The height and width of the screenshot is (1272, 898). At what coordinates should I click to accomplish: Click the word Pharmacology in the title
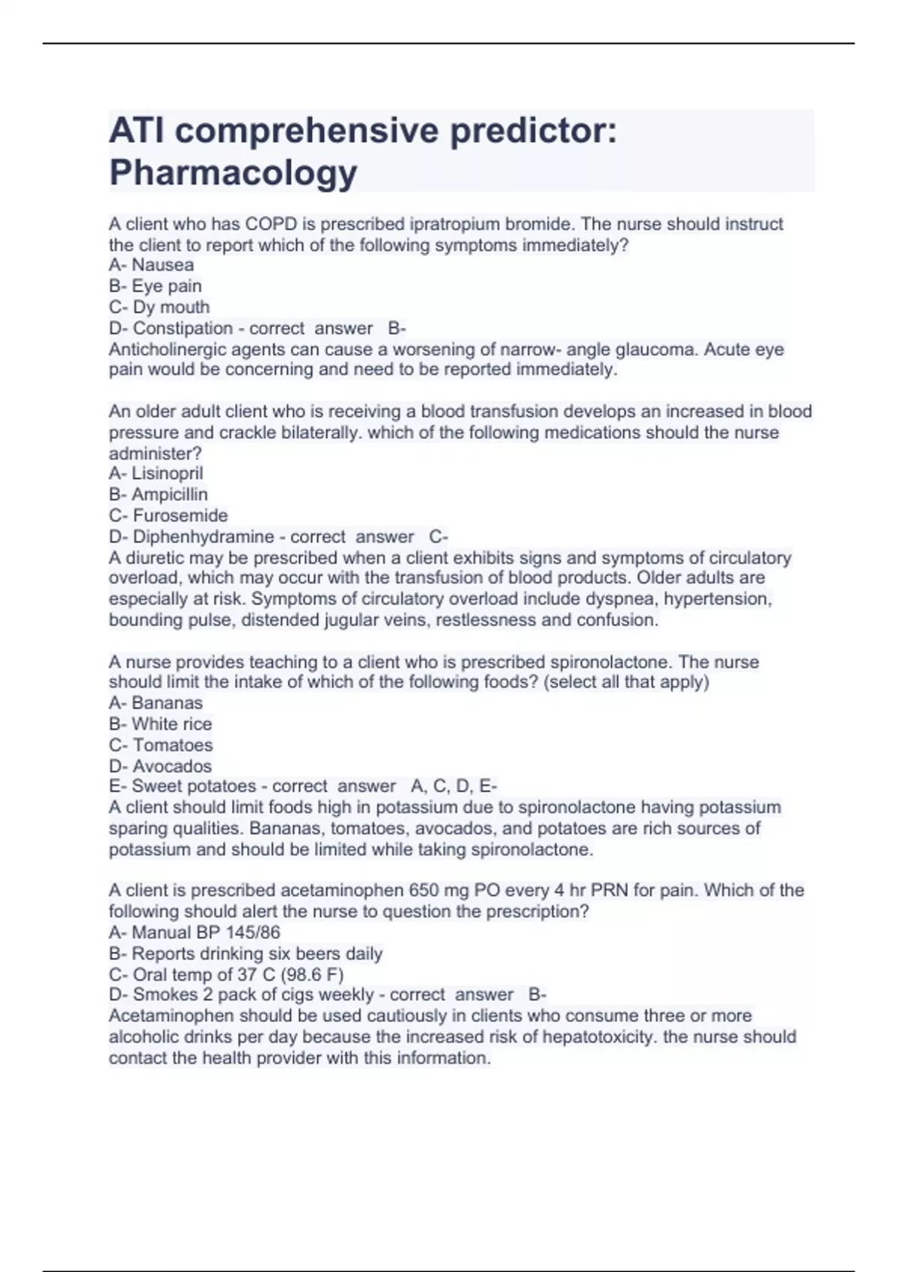click(x=233, y=173)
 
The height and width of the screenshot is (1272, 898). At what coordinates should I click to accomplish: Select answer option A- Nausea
click(x=151, y=265)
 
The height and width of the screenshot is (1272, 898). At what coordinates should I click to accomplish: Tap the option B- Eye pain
click(x=155, y=286)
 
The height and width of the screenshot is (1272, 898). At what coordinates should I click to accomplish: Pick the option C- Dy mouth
click(x=159, y=307)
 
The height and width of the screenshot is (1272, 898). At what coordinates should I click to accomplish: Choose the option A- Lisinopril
click(x=156, y=473)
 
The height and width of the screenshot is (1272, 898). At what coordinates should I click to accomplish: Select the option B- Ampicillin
click(x=158, y=494)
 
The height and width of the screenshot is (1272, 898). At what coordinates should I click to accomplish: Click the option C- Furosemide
click(x=168, y=515)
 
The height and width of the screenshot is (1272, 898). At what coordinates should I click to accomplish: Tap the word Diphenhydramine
click(x=203, y=536)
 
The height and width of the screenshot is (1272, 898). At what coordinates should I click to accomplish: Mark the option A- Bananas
click(x=156, y=703)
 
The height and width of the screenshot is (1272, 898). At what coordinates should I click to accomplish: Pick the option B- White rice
click(x=160, y=724)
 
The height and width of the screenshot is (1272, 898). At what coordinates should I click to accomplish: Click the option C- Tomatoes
click(x=161, y=744)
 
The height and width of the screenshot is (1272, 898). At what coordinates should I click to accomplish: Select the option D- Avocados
click(x=160, y=765)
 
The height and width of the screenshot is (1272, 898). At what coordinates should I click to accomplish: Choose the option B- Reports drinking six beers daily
click(x=245, y=953)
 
